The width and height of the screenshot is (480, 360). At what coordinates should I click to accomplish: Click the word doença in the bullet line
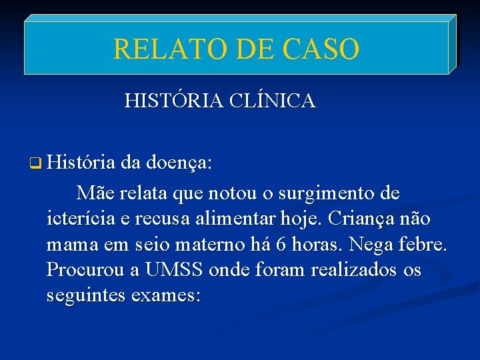coord(178,163)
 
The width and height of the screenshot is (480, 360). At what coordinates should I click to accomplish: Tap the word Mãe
coord(95,193)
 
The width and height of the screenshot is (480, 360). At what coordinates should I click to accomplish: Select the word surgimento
coord(321,193)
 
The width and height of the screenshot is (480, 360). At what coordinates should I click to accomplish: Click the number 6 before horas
coord(281,245)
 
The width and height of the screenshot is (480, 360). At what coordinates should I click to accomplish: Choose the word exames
coord(167,295)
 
